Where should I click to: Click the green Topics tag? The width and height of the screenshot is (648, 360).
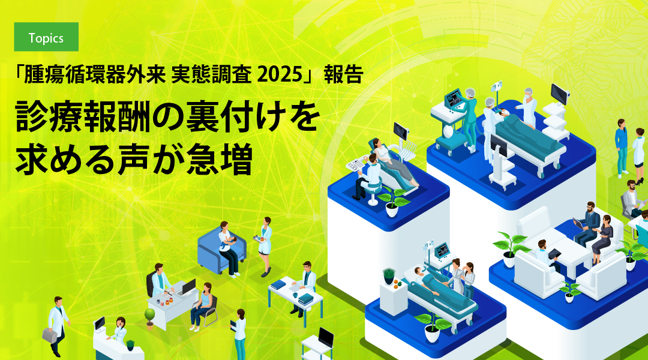tap(46, 38)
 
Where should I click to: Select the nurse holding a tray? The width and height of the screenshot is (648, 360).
tap(265, 246)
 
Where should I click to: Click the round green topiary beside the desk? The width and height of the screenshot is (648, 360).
tap(150, 316)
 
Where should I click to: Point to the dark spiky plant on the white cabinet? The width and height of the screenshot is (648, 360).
tap(389, 275)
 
